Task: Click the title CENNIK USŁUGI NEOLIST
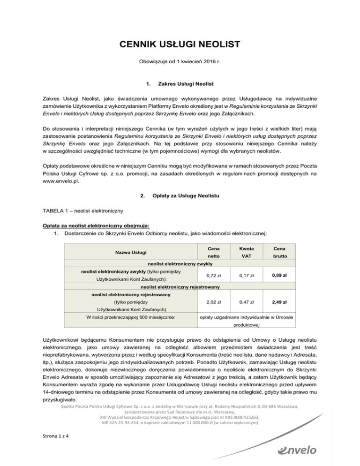[180, 45]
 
